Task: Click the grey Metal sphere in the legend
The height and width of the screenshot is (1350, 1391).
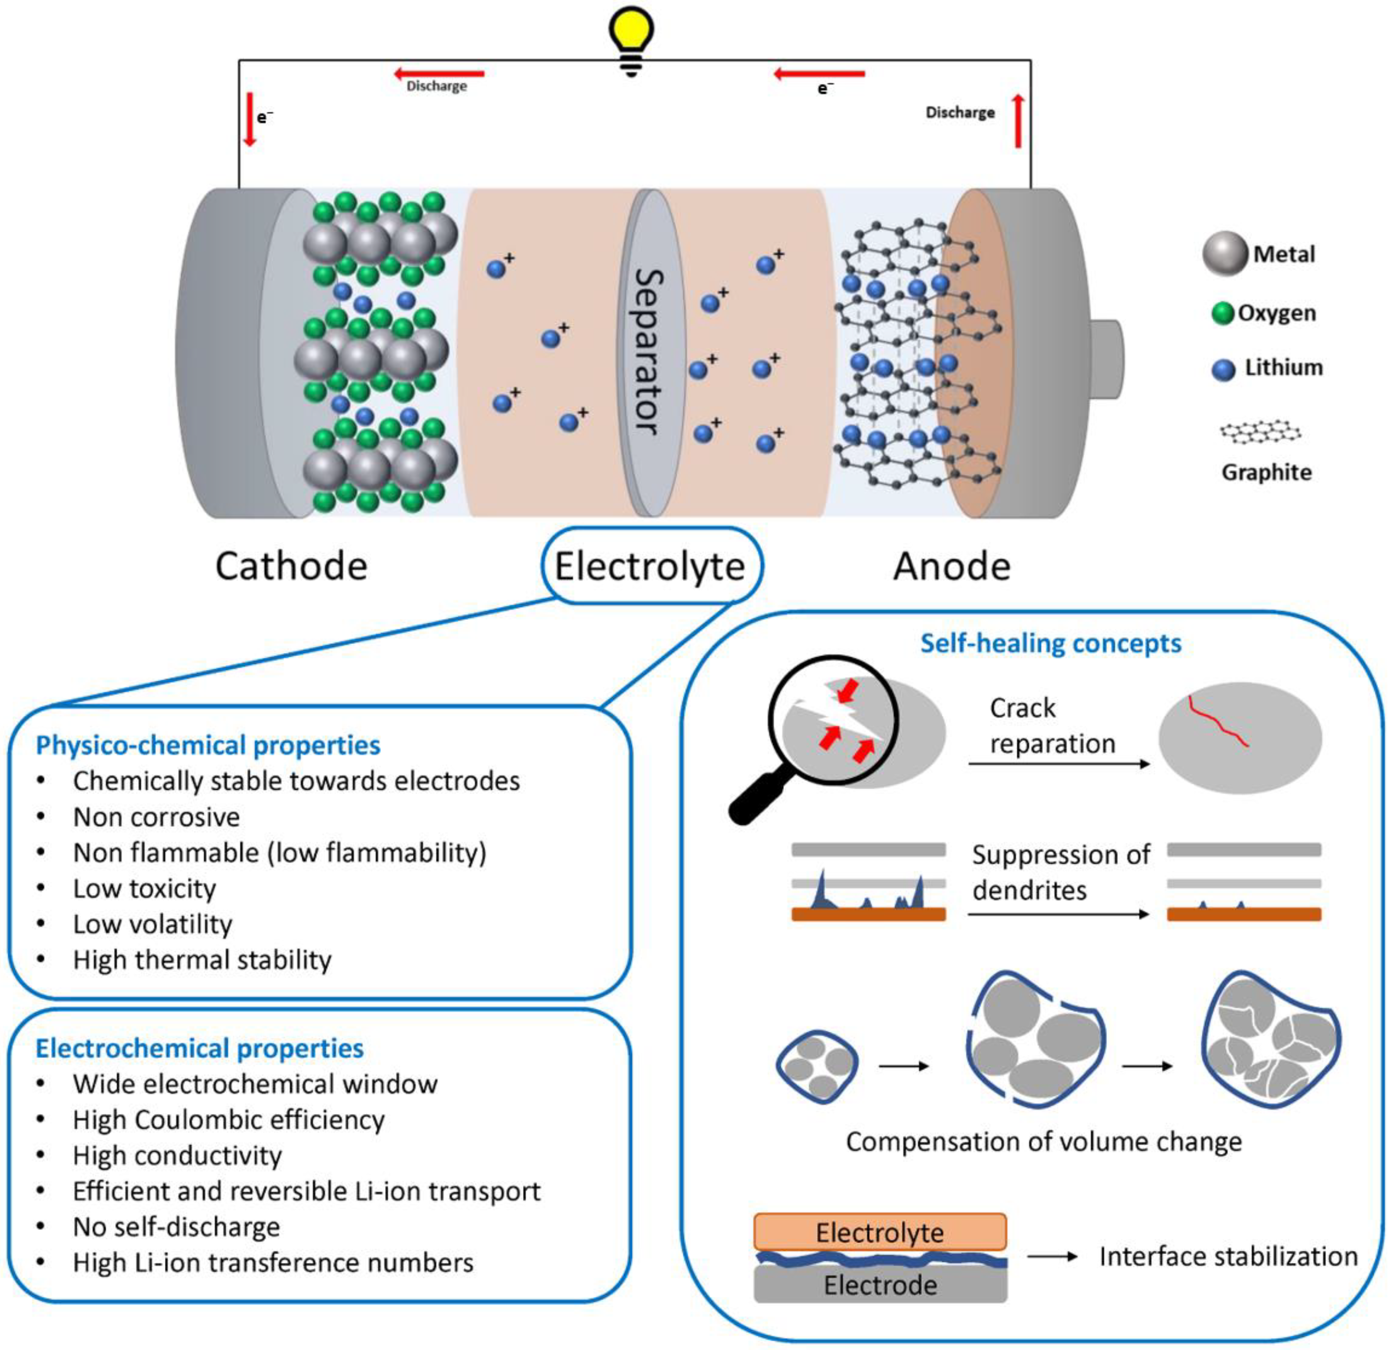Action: (1224, 254)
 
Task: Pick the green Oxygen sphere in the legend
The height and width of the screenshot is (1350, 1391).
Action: (1222, 313)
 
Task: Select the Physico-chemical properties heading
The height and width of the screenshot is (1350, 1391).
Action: (208, 745)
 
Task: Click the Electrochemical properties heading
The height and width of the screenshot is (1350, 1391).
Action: (199, 1048)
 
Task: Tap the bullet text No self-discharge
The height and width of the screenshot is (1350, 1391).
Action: (176, 1226)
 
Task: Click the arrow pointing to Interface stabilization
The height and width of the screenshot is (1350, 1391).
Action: (1052, 1257)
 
